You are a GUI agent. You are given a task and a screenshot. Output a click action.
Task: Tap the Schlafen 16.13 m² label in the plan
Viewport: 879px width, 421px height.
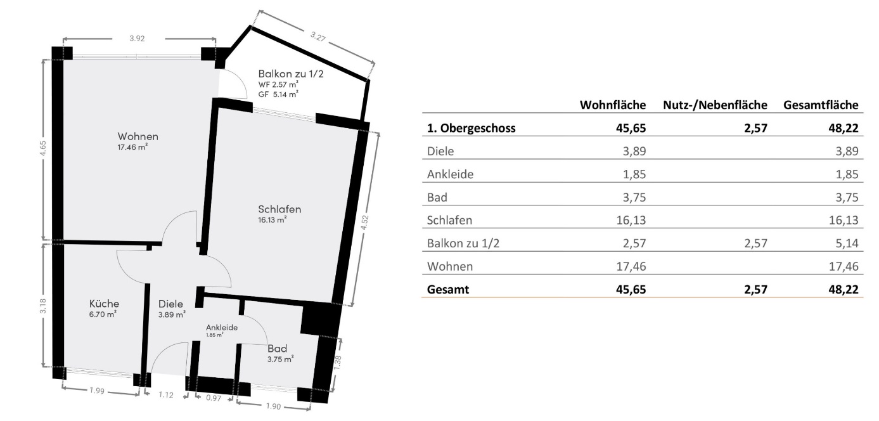point(279,213)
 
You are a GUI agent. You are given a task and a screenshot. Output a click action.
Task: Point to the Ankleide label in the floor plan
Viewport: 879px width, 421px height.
point(222,328)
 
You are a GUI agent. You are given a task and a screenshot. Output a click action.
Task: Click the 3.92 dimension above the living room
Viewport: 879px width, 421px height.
point(138,39)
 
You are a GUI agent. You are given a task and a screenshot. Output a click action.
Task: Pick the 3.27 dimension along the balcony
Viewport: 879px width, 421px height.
point(318,37)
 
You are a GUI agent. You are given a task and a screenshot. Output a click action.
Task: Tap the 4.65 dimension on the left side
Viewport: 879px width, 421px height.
point(43,148)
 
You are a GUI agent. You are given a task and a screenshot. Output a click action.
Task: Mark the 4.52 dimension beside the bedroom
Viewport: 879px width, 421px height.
point(364,223)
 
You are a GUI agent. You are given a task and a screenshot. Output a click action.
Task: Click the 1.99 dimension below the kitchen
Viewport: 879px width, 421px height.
point(97,391)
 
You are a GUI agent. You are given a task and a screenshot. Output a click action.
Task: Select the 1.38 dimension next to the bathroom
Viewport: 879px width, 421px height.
point(338,362)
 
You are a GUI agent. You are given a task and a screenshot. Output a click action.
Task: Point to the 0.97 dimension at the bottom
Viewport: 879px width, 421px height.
point(214,398)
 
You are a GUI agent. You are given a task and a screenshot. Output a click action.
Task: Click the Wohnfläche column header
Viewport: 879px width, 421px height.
point(613,105)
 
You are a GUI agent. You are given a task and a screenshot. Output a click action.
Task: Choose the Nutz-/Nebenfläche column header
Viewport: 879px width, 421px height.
point(715,105)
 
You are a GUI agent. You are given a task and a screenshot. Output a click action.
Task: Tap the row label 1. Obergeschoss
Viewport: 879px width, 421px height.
point(472,128)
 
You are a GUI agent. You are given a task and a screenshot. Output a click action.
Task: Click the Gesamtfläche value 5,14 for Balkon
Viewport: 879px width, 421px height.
point(847,243)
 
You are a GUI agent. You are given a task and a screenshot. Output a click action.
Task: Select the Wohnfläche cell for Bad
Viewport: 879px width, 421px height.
point(634,197)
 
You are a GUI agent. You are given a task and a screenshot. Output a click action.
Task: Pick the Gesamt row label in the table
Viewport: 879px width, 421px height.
point(448,289)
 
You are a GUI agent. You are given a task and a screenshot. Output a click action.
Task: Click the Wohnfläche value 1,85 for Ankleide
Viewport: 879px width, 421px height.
point(634,174)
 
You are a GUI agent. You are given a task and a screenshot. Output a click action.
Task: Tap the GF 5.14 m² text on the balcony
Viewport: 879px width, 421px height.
point(278,94)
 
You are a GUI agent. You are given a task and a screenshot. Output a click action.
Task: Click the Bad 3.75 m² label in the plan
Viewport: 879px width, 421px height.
point(281,353)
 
